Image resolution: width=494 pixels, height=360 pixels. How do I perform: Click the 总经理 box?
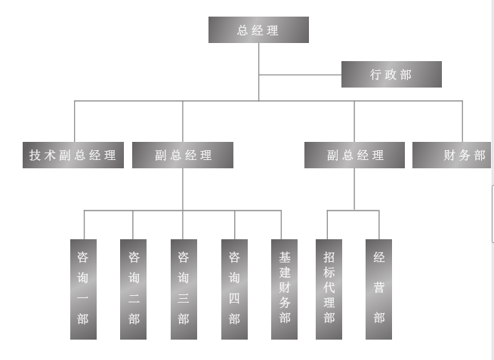(258, 30)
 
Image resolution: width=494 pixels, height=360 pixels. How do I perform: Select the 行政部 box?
(391, 74)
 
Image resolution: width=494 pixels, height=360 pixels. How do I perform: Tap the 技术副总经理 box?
(73, 155)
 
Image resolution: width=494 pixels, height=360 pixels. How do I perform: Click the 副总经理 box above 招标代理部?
(354, 155)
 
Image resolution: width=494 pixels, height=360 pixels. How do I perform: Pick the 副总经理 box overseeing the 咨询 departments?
(182, 155)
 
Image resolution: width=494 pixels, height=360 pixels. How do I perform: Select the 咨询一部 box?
(83, 289)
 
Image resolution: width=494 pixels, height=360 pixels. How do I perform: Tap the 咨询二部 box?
(133, 289)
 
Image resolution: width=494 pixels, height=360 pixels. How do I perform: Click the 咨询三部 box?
(184, 289)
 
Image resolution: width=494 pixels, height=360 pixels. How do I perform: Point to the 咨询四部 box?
(234, 289)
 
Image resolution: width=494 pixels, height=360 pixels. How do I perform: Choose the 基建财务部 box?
(284, 289)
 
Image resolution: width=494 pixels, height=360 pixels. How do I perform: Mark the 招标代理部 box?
(329, 289)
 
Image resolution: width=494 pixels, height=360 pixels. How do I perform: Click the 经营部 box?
(378, 289)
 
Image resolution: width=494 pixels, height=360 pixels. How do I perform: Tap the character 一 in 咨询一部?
(83, 298)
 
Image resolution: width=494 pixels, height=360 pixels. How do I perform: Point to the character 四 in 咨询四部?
(234, 298)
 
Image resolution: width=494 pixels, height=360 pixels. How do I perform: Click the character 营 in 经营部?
(378, 288)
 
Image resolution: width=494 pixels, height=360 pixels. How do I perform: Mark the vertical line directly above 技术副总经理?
(75, 121)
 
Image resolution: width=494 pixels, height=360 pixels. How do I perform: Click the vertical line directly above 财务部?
(462, 121)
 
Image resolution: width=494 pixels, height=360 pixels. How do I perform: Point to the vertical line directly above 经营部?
(378, 224)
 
